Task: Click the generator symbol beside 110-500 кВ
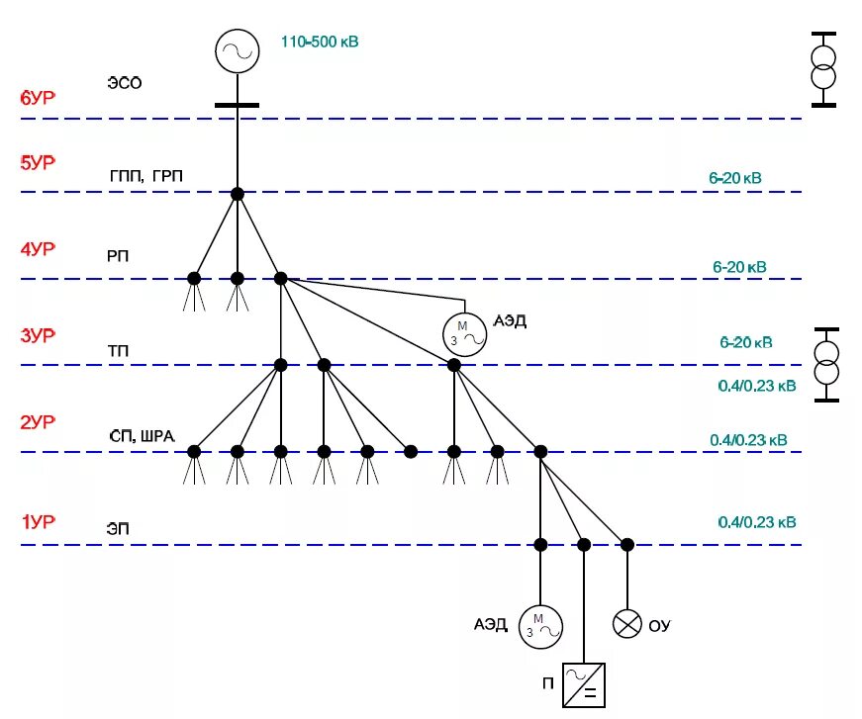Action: coord(238,50)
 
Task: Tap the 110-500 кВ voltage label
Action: coord(320,43)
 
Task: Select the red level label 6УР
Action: coord(38,98)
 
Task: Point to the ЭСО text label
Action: coord(125,83)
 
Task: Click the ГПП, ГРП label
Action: coord(145,176)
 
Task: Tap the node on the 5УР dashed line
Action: coord(238,194)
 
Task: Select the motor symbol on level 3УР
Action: coord(464,332)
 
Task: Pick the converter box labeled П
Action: coord(584,684)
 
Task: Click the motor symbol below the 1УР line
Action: coord(540,626)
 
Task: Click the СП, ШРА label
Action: coord(144,436)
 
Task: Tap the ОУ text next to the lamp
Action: coord(659,626)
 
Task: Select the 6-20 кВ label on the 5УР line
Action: coord(734,178)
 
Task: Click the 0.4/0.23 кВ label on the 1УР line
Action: coord(757,522)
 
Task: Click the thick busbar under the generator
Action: coord(238,104)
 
